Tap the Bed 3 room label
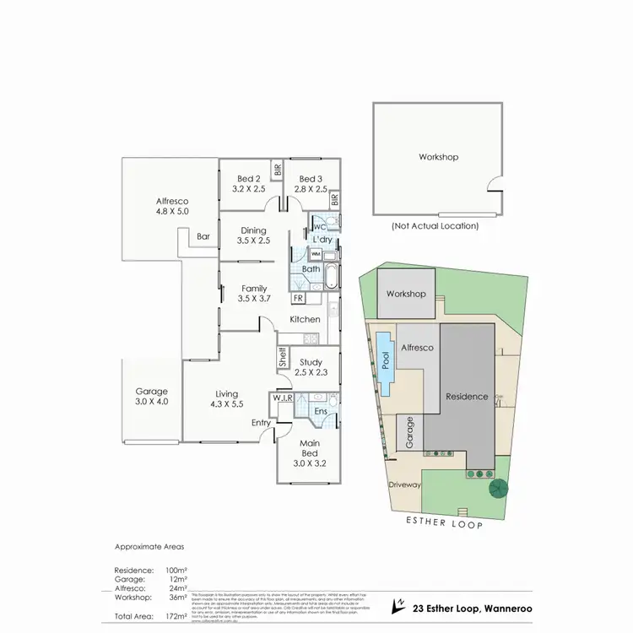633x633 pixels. pos(309,184)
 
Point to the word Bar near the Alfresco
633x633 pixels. pos(203,237)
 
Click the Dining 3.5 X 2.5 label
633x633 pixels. pos(253,235)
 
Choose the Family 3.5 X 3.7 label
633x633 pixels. pos(253,293)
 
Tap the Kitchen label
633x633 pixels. pos(305,319)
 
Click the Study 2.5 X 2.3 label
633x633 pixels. pos(310,366)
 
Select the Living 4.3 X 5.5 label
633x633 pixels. pos(226,399)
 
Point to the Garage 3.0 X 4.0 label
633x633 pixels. pos(152,397)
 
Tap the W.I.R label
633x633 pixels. pos(281,398)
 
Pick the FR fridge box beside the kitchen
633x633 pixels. pos(298,298)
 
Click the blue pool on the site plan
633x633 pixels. pos(385,364)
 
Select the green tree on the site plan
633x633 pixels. pos(498,487)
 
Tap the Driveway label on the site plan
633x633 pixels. pos(404,485)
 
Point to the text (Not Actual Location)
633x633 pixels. pos(436,226)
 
